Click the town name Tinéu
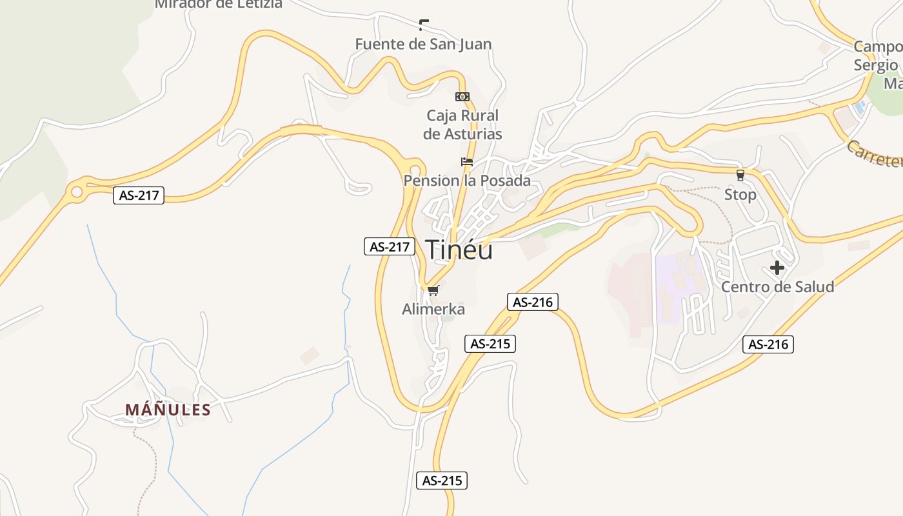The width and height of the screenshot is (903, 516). pos(459,250)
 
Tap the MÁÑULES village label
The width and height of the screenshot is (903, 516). pos(168,410)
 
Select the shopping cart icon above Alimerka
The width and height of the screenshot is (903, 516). pos(433,291)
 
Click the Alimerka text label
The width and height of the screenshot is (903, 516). pos(433,309)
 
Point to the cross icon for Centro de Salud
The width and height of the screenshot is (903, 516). pos(777,268)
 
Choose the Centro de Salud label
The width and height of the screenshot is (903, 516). pos(777,286)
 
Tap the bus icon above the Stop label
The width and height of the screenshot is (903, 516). pos(740,175)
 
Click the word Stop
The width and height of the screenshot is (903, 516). pos(740,194)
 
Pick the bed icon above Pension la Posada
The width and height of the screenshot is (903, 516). pos(467,161)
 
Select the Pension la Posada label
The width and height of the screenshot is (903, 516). pos(467,181)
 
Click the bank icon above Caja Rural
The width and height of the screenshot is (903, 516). pos(462,97)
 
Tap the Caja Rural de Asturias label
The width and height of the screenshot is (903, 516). pos(462,124)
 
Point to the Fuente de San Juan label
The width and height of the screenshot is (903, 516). pos(423,44)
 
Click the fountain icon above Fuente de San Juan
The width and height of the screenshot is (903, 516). pos(423,25)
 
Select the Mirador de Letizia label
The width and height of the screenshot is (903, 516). pos(218,4)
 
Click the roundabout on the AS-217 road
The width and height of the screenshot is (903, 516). pos(77,192)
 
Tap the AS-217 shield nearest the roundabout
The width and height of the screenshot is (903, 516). pos(139,195)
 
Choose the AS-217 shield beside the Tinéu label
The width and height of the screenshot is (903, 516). pos(390,246)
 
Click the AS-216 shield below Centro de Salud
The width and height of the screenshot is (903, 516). pos(768,344)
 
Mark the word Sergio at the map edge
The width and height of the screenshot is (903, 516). pos(875,65)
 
